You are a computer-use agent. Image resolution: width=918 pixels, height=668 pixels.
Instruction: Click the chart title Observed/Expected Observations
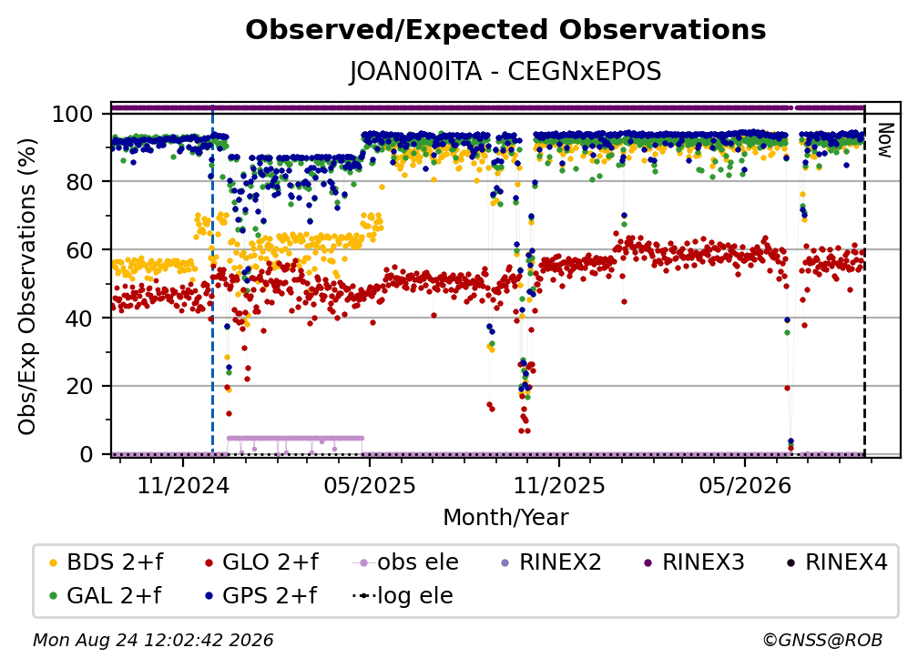click(x=505, y=30)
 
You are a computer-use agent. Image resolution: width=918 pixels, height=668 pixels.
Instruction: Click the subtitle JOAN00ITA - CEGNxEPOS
click(x=505, y=72)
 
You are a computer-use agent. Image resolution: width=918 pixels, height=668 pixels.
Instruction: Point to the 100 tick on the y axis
click(x=73, y=114)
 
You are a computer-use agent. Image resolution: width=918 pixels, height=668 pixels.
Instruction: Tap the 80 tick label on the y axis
click(x=79, y=182)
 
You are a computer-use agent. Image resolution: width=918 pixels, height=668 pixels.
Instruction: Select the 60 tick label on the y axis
click(x=79, y=249)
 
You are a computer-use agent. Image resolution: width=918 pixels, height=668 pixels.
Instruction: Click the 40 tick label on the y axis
click(x=79, y=319)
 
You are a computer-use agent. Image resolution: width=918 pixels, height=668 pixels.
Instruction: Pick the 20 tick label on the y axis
click(x=79, y=386)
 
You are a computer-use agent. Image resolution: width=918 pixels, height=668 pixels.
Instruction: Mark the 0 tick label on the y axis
click(x=87, y=454)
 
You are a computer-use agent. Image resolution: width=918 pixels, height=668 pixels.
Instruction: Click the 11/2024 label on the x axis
click(x=183, y=485)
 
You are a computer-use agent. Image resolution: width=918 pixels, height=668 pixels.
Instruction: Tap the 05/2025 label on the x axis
click(x=370, y=485)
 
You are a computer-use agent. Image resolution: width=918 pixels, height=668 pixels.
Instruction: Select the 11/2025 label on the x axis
click(x=559, y=485)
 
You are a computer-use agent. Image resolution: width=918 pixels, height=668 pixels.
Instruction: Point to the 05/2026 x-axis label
click(x=745, y=485)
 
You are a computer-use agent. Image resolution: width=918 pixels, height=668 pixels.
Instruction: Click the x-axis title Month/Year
click(x=505, y=517)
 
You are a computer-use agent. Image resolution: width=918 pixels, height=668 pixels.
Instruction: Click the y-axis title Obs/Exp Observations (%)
click(x=27, y=287)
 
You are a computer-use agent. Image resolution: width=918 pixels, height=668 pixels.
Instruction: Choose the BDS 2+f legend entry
click(x=107, y=562)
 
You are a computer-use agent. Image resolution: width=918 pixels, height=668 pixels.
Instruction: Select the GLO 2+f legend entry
click(x=261, y=562)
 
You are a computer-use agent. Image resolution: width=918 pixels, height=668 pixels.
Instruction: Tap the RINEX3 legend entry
click(x=694, y=562)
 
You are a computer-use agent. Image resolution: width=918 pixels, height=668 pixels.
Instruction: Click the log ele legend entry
click(x=403, y=595)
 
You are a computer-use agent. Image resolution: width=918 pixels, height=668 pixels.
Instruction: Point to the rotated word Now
click(x=884, y=140)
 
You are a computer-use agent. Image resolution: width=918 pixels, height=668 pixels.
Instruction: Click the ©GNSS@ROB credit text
click(x=822, y=641)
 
